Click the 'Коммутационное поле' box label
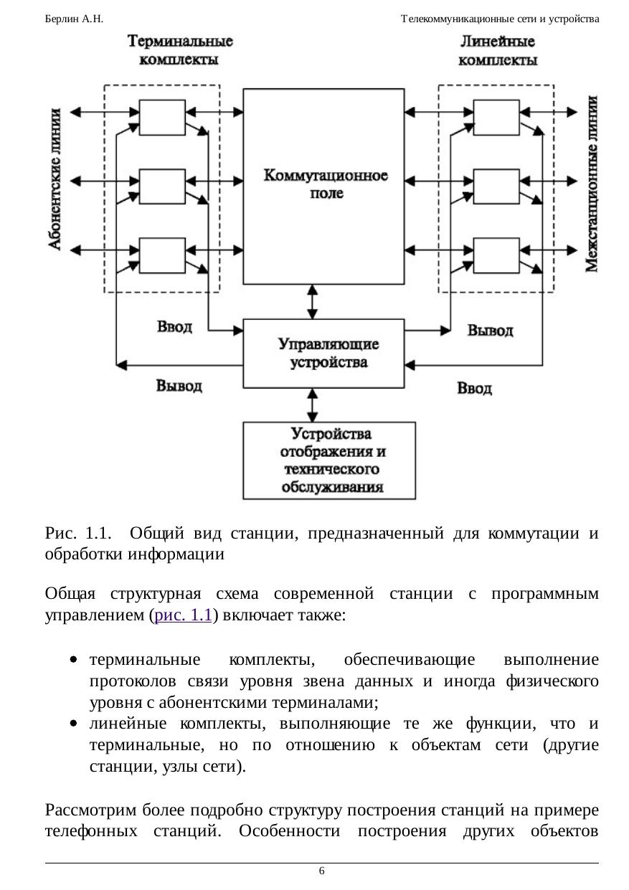tap(326, 184)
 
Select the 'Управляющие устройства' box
tap(323, 354)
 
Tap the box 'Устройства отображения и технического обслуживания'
tap(329, 460)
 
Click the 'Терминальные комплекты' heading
tap(179, 50)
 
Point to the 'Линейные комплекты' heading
tap(498, 50)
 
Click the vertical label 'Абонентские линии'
tap(55, 179)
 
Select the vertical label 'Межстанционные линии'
tap(592, 184)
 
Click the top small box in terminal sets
tap(162, 118)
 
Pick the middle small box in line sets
tap(496, 186)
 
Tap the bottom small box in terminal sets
tap(162, 255)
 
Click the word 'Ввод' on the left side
tap(174, 326)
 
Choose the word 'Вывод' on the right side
tap(490, 330)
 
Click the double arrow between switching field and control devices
tap(312, 302)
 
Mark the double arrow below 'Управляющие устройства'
tap(312, 405)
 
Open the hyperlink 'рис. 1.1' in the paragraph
tap(183, 615)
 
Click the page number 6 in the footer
tap(321, 871)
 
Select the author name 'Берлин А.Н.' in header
tap(74, 19)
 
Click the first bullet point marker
tap(73, 660)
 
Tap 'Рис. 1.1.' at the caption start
tap(78, 533)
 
